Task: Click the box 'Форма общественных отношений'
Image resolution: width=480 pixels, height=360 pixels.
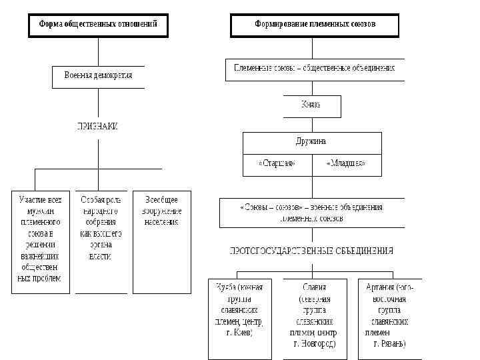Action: point(98,25)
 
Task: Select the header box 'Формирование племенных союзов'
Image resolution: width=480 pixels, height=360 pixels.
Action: point(315,25)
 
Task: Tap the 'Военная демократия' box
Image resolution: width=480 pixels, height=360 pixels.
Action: point(98,76)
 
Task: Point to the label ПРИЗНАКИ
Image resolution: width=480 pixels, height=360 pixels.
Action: point(97,126)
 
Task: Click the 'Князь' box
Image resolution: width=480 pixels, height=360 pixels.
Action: point(311,105)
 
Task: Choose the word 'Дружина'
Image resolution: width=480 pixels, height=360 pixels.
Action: point(311,142)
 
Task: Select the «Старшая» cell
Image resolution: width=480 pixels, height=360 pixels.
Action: point(277,163)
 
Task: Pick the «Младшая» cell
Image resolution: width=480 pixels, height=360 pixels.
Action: point(346,163)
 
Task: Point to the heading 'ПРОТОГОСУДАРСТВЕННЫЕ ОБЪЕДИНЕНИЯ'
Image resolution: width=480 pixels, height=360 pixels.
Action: point(311,251)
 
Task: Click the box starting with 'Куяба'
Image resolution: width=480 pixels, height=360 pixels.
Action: point(240,317)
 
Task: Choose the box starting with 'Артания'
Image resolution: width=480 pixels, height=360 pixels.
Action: point(387,317)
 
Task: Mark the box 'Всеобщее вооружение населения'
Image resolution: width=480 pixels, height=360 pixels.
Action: point(161,241)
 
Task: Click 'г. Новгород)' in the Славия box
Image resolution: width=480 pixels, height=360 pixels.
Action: point(314,344)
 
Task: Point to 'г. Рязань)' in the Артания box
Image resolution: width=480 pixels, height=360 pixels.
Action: point(390,344)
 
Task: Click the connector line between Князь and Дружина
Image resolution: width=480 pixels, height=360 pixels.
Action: point(311,125)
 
